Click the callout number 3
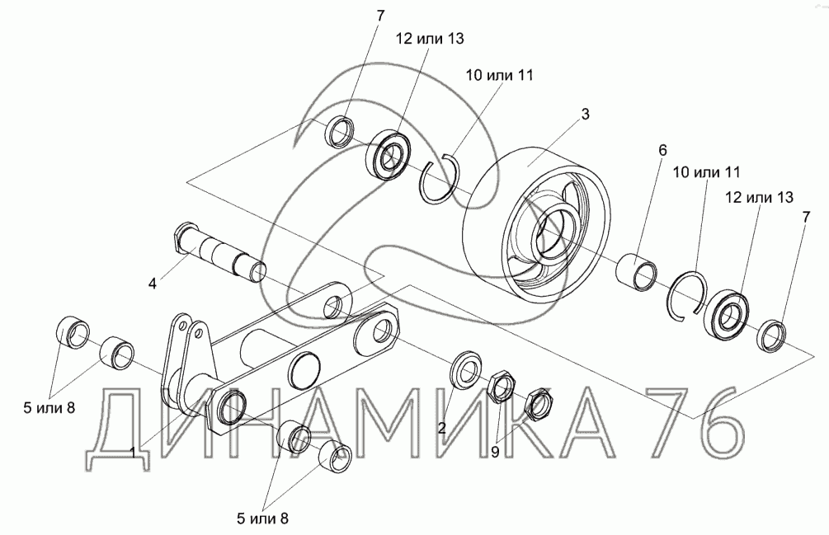(585, 115)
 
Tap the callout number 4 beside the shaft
(152, 284)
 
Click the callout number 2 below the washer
(442, 427)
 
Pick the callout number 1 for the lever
(134, 451)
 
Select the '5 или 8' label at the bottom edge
(261, 518)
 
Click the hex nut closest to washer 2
(500, 385)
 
